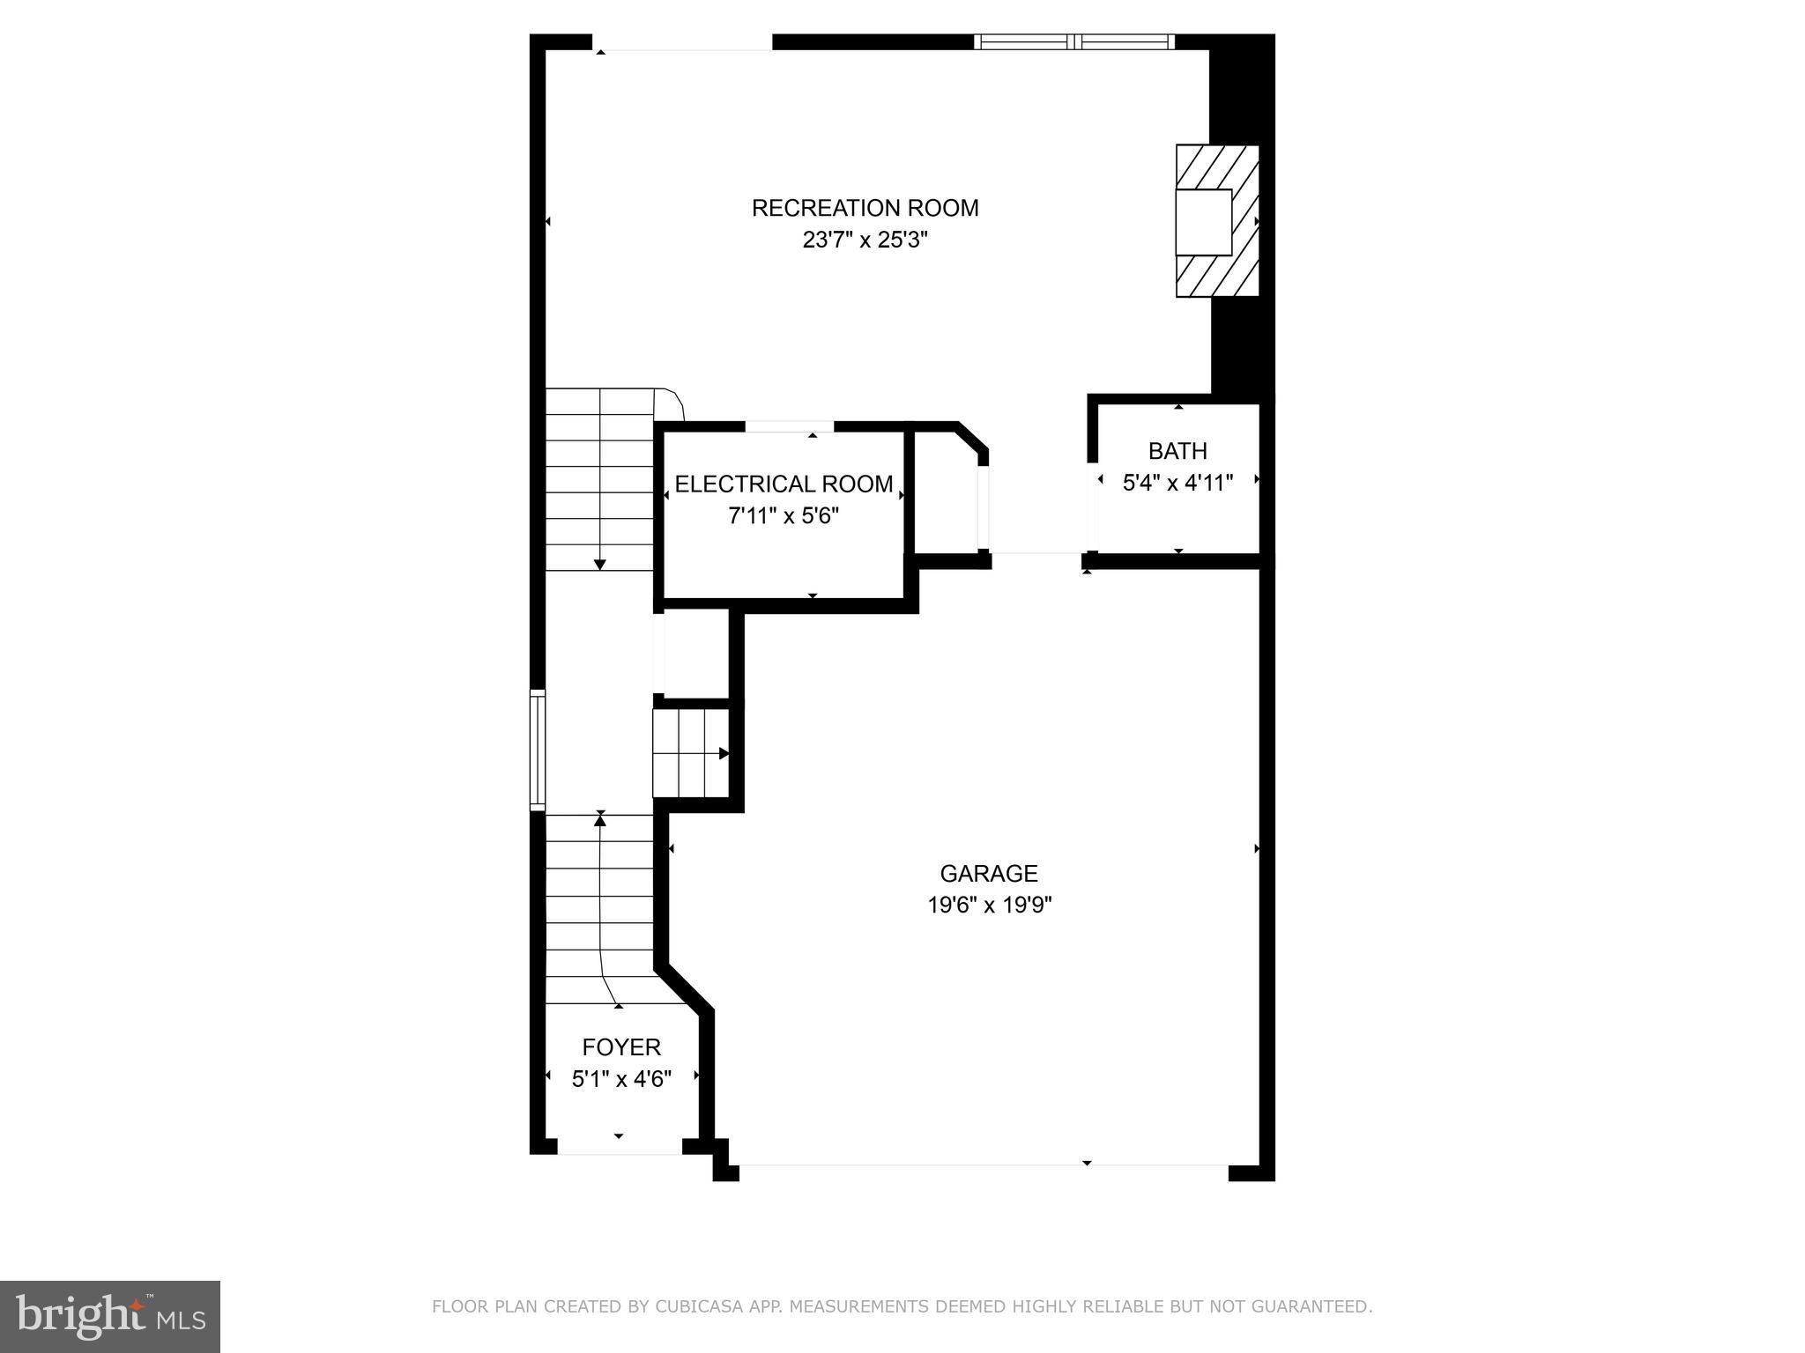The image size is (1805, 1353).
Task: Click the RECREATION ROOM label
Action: pos(865,208)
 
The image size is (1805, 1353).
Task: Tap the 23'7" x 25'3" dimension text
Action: pos(865,240)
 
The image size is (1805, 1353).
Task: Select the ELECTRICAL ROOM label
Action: pos(784,484)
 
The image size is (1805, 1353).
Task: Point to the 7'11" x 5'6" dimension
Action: pos(784,515)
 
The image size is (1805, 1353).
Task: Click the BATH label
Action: pos(1177,451)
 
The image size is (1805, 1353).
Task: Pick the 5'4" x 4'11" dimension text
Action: pos(1177,483)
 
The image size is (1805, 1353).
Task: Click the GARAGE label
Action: pos(989,873)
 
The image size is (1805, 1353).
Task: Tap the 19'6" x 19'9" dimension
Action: pos(989,905)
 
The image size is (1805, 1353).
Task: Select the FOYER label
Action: pos(621,1046)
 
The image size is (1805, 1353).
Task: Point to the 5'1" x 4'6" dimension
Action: pos(621,1078)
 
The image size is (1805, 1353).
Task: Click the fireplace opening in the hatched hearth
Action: pos(1204,222)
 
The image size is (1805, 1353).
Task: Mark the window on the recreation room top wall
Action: pos(1073,41)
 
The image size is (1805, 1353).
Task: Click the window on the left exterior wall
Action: pos(537,750)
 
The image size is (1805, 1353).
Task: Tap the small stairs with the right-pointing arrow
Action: pos(691,753)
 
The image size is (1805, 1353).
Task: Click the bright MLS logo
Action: pos(109,1315)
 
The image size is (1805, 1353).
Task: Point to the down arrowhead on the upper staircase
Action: pos(600,564)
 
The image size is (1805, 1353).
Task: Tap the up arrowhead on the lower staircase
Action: pos(600,820)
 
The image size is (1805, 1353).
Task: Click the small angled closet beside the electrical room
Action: pos(947,494)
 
